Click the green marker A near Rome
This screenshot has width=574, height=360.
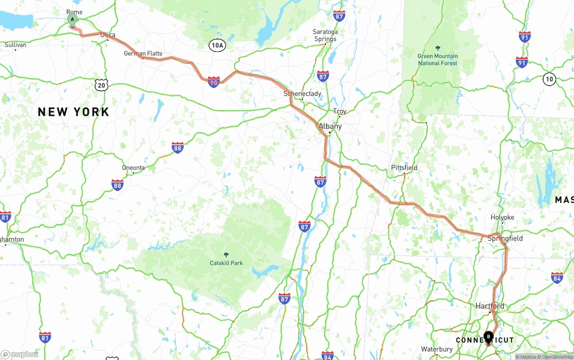tap(72, 19)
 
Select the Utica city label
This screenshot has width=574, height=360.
tap(108, 35)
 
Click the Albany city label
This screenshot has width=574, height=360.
tap(330, 126)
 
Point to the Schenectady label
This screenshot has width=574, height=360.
tap(302, 94)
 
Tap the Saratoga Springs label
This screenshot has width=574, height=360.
tap(325, 35)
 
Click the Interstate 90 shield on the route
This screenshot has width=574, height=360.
tap(214, 82)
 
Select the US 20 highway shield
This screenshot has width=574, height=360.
tap(102, 85)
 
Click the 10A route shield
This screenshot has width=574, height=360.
tap(217, 45)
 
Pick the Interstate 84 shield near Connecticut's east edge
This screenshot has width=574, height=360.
tap(557, 278)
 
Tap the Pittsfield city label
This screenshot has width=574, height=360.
tap(404, 168)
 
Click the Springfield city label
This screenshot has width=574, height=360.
tap(505, 239)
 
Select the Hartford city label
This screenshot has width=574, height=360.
tap(490, 306)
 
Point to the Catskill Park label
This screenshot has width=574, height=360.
tap(226, 263)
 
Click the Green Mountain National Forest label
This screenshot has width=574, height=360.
tap(438, 60)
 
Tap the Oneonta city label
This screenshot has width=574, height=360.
tap(133, 168)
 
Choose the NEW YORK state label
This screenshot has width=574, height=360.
tap(74, 112)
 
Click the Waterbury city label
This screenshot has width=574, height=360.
tap(437, 349)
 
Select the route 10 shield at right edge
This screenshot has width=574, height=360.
tap(549, 79)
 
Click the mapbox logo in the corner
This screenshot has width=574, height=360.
tap(20, 354)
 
